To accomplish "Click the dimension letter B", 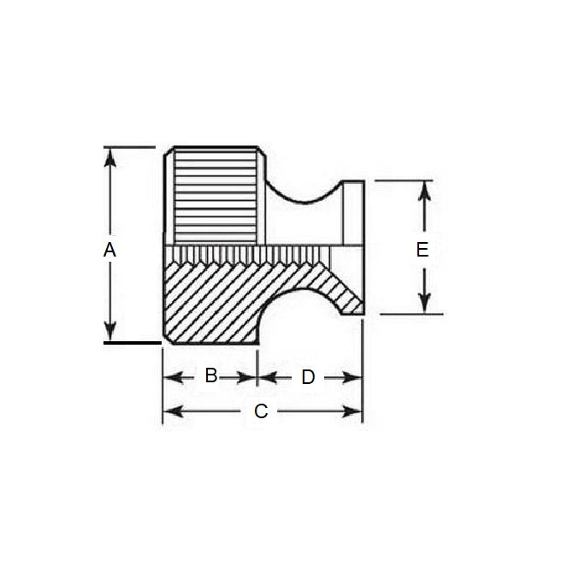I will [x=210, y=376].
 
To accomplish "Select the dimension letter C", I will [x=262, y=411].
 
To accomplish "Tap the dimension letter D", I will [x=308, y=377].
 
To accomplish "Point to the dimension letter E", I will [x=422, y=250].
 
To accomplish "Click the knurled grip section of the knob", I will [x=217, y=197].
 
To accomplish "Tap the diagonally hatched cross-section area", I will [x=214, y=295].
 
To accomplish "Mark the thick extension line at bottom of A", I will [x=133, y=343].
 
